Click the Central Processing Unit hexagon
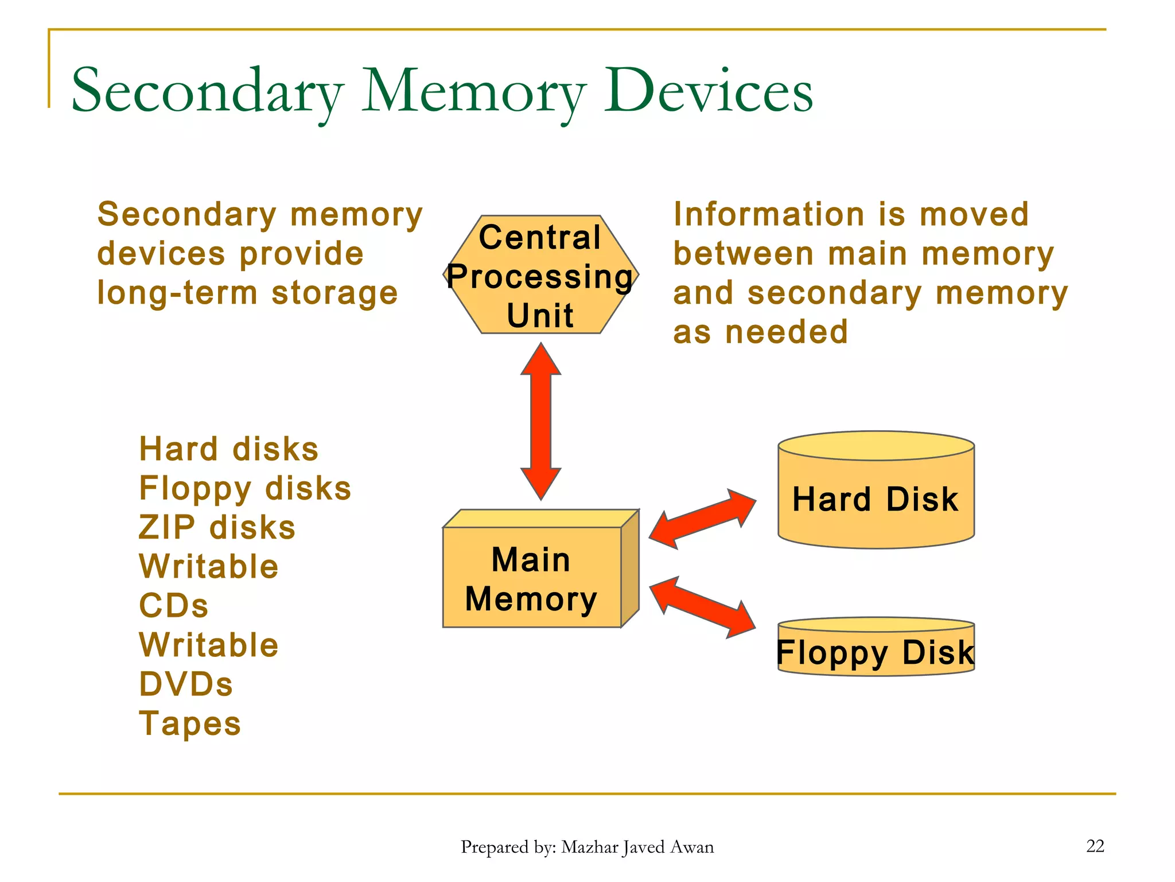tap(540, 274)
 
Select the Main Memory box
tap(532, 577)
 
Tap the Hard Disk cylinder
tap(876, 498)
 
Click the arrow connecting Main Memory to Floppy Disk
tap(702, 608)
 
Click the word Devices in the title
tap(709, 91)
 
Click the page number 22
tap(1095, 846)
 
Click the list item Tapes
tap(190, 723)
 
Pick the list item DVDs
tap(186, 684)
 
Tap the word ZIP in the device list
tap(167, 527)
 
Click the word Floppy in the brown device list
tap(195, 489)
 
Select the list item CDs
tap(174, 606)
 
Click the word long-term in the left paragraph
tap(177, 293)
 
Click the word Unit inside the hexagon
tap(540, 315)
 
